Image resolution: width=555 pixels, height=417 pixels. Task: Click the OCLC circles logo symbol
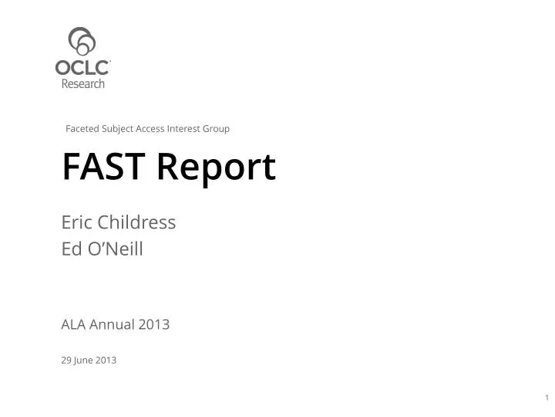coord(82,42)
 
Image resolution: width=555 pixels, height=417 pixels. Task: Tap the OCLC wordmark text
coord(82,68)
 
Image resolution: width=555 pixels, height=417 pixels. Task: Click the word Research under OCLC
coord(82,83)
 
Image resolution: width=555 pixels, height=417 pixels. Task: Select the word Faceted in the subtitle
coord(82,128)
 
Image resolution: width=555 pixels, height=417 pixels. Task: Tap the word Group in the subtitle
coord(217,128)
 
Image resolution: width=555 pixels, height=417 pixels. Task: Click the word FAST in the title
coord(103,167)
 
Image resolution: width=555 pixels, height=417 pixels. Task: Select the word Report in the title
coord(215,168)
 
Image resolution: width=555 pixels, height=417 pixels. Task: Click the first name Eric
coord(76,222)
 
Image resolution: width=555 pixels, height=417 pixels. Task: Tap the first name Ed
coord(72,249)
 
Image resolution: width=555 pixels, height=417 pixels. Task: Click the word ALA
coord(73,324)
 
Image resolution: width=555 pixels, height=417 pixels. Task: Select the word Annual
coord(113,324)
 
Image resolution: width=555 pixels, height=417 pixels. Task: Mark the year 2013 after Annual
coord(154,324)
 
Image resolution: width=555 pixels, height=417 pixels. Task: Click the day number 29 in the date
coord(66,360)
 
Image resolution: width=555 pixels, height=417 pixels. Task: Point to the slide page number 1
coord(546,398)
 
